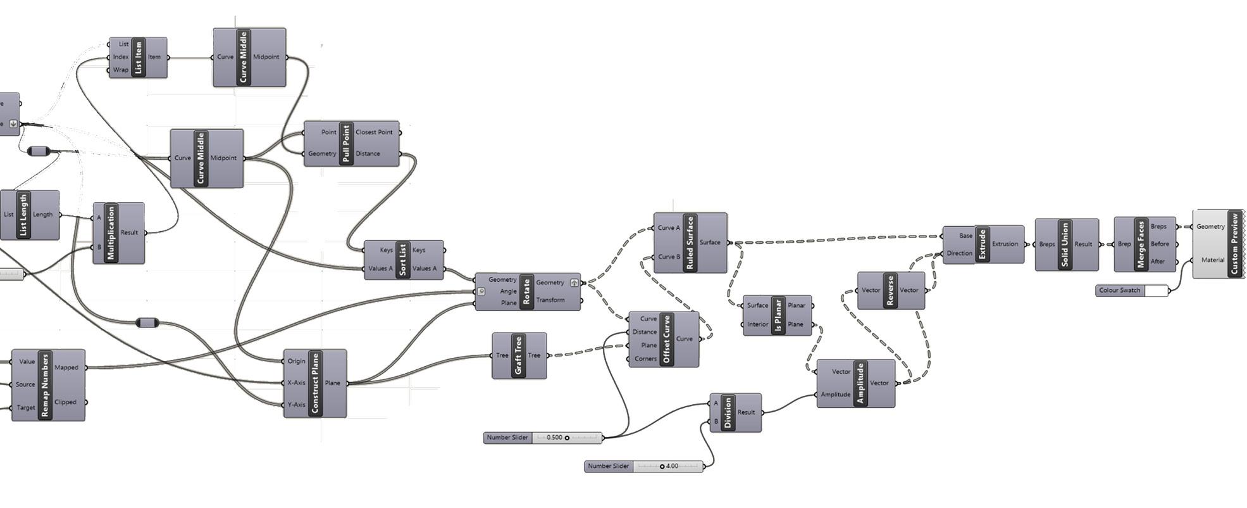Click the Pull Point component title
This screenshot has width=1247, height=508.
(346, 144)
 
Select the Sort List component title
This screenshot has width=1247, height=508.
(403, 260)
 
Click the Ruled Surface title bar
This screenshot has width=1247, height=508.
(690, 243)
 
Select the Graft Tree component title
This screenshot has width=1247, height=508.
(518, 356)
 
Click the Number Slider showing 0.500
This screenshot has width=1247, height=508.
(542, 438)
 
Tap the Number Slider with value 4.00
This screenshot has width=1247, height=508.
(643, 466)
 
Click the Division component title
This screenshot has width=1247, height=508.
(728, 412)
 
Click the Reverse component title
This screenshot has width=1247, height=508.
(890, 291)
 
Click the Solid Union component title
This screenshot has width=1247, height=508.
(1065, 244)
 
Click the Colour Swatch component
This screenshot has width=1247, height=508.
(1131, 291)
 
